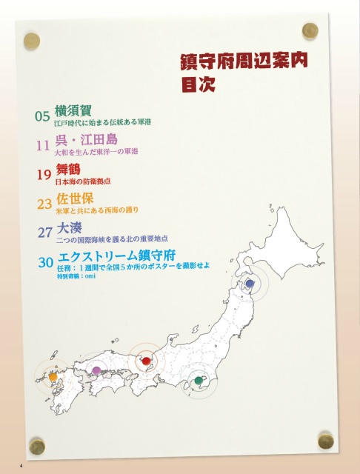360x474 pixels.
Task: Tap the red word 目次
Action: (198, 83)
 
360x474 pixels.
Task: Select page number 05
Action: (42, 116)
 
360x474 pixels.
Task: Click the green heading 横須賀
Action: (73, 110)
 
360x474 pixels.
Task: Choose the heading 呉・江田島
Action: (87, 139)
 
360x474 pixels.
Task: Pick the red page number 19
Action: (44, 175)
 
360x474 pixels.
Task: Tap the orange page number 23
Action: (44, 203)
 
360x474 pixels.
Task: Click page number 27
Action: (45, 233)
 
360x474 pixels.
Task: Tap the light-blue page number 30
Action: (45, 262)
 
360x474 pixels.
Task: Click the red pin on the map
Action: (146, 361)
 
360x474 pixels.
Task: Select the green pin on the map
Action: (198, 381)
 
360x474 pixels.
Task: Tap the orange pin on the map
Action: (53, 377)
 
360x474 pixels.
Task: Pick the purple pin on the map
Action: (96, 370)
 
